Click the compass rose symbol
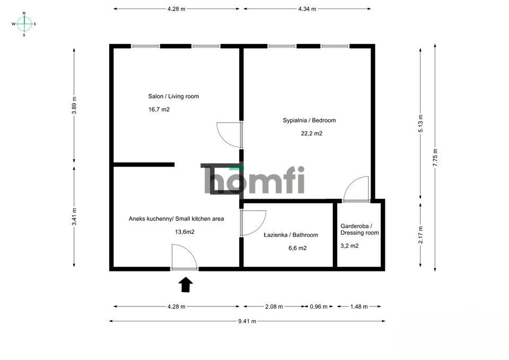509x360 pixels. [24, 24]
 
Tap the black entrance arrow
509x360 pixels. [186, 285]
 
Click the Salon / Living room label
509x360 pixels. [173, 96]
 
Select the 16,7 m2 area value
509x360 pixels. [159, 110]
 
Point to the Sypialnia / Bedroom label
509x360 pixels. [309, 120]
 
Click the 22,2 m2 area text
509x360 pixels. [311, 134]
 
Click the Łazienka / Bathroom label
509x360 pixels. [291, 235]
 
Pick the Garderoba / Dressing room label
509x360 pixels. [359, 229]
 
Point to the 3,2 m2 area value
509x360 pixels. [349, 246]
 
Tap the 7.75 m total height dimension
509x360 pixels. [435, 157]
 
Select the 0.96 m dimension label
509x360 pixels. [318, 306]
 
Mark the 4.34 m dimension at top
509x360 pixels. [306, 9]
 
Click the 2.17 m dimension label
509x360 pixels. [420, 235]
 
